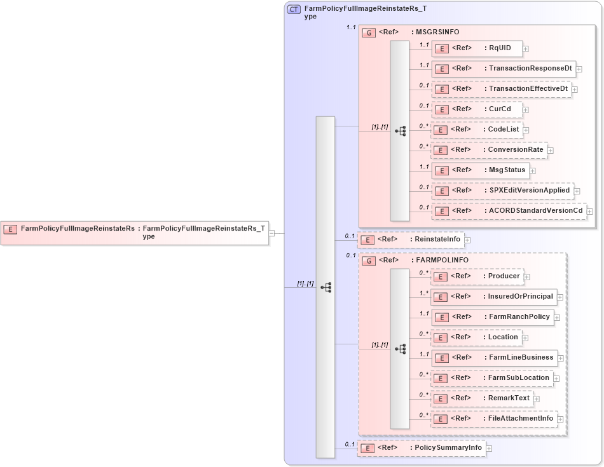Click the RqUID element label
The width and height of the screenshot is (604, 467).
(499, 48)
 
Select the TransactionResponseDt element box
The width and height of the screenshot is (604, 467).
(503, 69)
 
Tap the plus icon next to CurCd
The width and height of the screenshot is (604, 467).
(526, 109)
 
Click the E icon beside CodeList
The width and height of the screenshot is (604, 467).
(441, 130)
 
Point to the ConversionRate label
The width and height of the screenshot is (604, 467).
(516, 150)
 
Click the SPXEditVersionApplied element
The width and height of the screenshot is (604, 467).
(502, 191)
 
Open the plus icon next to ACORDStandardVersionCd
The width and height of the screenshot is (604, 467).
(590, 211)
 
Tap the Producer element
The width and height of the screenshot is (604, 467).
(477, 276)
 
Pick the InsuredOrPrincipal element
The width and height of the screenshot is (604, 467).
(494, 297)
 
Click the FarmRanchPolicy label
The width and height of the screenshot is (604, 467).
(519, 317)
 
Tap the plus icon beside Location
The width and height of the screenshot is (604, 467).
(525, 337)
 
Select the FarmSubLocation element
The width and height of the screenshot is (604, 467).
(492, 378)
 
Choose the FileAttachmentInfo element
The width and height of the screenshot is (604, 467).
(494, 419)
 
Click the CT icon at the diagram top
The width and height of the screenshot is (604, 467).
(294, 10)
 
